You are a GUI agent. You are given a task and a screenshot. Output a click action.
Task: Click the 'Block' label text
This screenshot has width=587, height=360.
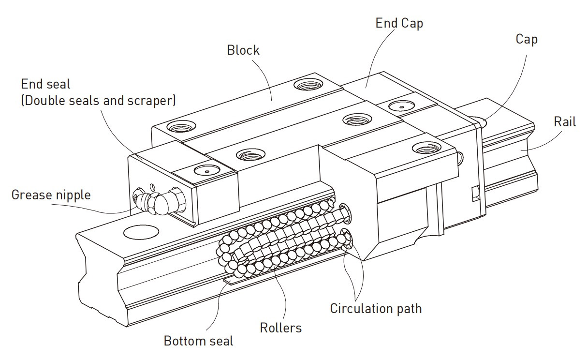pos(243,50)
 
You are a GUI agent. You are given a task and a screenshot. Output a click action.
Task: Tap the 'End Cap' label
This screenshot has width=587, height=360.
pos(399,23)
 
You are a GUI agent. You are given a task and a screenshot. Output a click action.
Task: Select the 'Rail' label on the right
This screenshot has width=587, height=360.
pos(565,122)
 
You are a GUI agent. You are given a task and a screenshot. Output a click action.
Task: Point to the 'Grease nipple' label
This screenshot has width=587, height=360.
pos(51,195)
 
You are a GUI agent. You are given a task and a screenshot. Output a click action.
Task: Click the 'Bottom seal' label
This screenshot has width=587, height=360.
pos(198,341)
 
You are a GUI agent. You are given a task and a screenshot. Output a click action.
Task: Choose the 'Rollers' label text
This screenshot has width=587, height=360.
pos(280,328)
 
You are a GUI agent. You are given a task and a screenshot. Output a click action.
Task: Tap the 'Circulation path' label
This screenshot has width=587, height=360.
pos(376,308)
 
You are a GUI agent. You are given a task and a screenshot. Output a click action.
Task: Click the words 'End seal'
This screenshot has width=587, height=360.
pos(45,84)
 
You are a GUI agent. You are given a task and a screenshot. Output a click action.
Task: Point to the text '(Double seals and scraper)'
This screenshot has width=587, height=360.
pos(98,100)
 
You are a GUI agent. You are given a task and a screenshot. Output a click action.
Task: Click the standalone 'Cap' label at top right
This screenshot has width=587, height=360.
pos(527,39)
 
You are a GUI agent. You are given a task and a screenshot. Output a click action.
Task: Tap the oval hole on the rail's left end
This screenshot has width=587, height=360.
pos(141,232)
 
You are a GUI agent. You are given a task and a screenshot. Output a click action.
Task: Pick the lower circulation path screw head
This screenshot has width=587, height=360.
pos(348,237)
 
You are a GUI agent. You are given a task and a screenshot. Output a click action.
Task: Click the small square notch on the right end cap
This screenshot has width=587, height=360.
pos(474,194)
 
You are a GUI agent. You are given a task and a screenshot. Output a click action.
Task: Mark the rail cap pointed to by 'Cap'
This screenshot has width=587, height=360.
pos(480,120)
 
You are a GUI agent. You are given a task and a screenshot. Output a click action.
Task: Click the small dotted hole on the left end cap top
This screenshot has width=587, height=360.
pos(205,170)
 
